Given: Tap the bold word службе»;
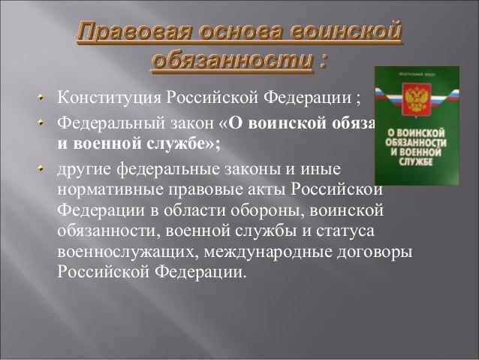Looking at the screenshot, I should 188,141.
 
